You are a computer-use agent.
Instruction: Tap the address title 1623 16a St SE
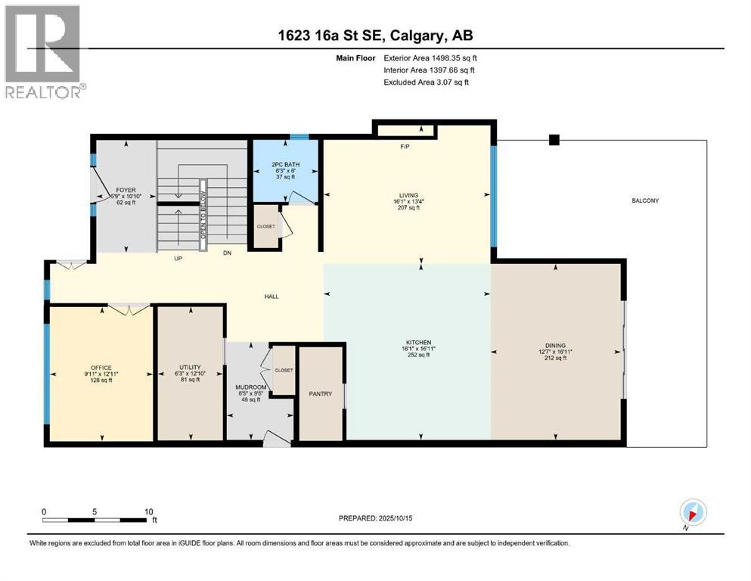374,35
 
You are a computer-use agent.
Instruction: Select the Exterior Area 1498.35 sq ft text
430,57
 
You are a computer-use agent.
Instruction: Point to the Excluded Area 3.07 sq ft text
426,82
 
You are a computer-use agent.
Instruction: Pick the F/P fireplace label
405,146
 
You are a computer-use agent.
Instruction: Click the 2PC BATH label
284,163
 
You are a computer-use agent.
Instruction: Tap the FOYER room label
125,191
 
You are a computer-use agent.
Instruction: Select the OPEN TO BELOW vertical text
203,214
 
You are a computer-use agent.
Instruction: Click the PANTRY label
321,393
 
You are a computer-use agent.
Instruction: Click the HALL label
272,296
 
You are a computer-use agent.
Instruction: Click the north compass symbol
694,514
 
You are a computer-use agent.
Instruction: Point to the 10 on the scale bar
149,511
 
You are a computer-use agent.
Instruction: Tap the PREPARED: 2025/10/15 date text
375,518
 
